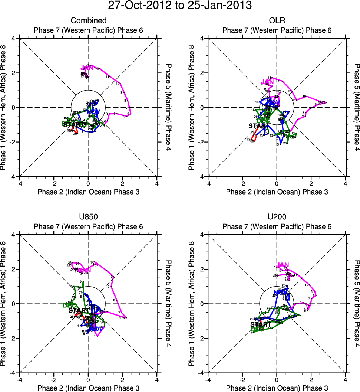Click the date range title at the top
click(180, 6)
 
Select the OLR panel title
click(277, 21)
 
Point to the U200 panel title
click(277, 217)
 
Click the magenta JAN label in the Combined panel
click(87, 68)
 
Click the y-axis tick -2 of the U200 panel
click(201, 338)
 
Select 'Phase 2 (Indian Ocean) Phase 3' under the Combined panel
click(88, 192)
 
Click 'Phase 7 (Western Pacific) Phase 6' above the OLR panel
click(277, 30)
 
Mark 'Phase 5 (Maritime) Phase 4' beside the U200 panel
click(357, 304)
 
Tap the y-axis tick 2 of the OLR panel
click(202, 73)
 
